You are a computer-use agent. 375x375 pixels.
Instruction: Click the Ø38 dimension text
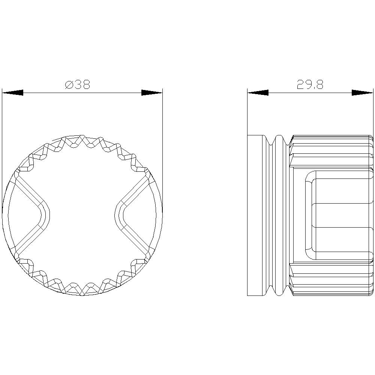pyautogui.click(x=78, y=85)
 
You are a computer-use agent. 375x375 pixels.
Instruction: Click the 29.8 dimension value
pyautogui.click(x=310, y=85)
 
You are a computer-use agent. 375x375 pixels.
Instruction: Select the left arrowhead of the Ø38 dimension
pyautogui.click(x=13, y=93)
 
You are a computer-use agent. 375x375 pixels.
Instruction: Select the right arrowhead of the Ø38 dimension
pyautogui.click(x=152, y=93)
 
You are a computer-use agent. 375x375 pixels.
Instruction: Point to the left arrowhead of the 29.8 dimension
pyautogui.click(x=258, y=93)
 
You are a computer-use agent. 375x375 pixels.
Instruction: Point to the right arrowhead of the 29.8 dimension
pyautogui.click(x=362, y=93)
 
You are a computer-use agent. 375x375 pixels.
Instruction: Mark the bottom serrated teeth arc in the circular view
pyautogui.click(x=82, y=288)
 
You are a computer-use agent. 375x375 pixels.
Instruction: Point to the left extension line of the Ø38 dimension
pyautogui.click(x=2, y=150)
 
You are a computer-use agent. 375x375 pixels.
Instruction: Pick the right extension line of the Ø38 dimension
pyautogui.click(x=162, y=150)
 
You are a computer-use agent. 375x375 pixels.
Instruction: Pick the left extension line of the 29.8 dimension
pyautogui.click(x=247, y=112)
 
